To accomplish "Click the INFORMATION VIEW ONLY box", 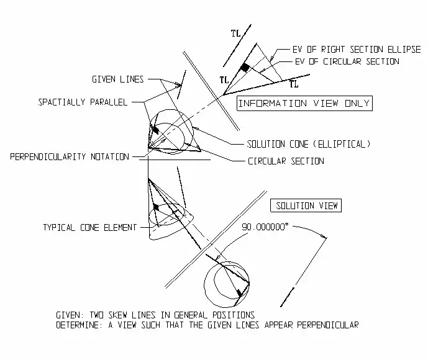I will coord(304,104).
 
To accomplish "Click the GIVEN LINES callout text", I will coord(118,79).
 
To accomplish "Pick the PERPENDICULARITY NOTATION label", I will coord(69,157).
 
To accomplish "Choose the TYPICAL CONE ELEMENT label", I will coord(89,228).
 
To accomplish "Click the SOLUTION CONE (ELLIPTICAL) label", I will coord(308,144).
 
